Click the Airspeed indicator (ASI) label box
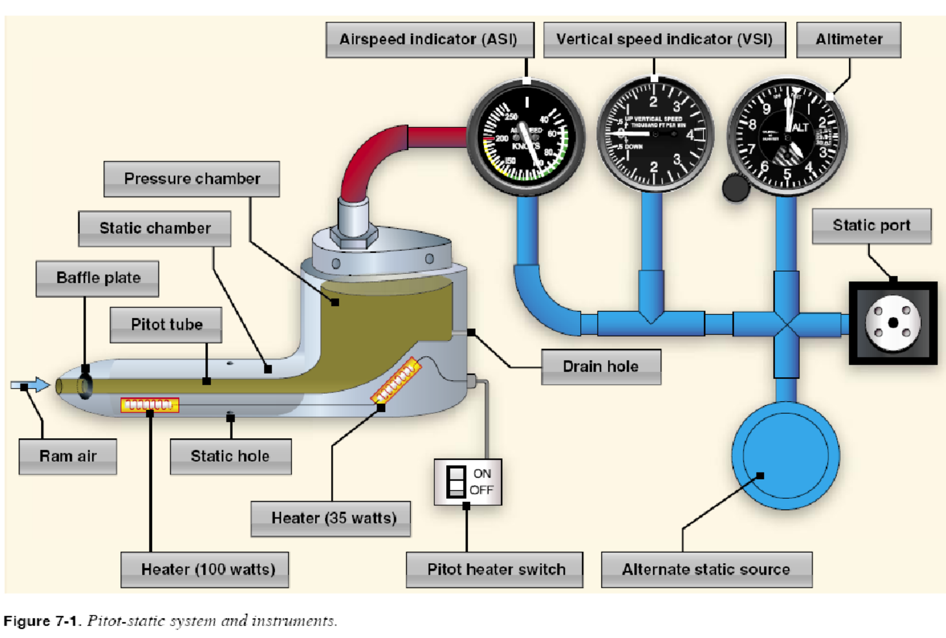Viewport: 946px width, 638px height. [x=429, y=40]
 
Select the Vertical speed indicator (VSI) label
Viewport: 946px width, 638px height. [x=664, y=40]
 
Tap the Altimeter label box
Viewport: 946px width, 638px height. [x=848, y=40]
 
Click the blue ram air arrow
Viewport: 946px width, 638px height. [x=31, y=385]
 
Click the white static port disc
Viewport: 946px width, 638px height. [x=892, y=323]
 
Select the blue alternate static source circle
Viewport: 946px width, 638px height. [x=786, y=455]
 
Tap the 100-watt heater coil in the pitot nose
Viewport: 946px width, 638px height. [x=149, y=405]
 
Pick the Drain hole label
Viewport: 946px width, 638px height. [x=601, y=367]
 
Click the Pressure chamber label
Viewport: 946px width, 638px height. [x=192, y=179]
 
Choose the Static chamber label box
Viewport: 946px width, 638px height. [x=155, y=229]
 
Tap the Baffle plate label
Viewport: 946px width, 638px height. [x=98, y=278]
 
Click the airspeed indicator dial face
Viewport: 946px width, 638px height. [x=525, y=139]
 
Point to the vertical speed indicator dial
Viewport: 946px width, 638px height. [x=655, y=135]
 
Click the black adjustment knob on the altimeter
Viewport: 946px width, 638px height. [x=735, y=188]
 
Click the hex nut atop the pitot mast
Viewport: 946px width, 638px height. [x=354, y=233]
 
